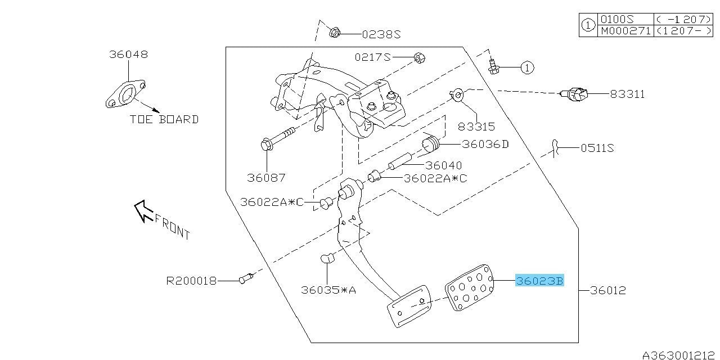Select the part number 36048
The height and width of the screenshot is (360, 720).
pyautogui.click(x=128, y=55)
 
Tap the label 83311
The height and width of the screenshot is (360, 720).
pyautogui.click(x=627, y=94)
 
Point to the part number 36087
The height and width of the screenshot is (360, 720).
pyautogui.click(x=266, y=178)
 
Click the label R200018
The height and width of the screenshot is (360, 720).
pyautogui.click(x=191, y=280)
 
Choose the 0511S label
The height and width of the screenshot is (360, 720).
pyautogui.click(x=596, y=148)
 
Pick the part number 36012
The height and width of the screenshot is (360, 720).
pyautogui.click(x=608, y=291)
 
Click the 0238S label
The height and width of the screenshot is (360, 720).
pyautogui.click(x=381, y=34)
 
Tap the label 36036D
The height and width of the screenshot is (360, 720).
pyautogui.click(x=485, y=144)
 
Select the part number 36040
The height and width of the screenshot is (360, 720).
pyautogui.click(x=443, y=165)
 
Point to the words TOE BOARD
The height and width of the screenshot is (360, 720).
pyautogui.click(x=164, y=119)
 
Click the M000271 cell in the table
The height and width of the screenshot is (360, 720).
pyautogui.click(x=624, y=30)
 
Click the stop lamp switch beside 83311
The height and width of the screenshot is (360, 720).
pyautogui.click(x=575, y=94)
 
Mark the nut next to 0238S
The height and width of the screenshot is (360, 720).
pyautogui.click(x=334, y=33)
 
